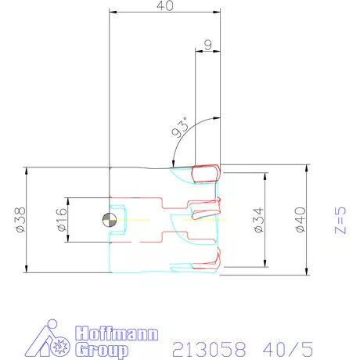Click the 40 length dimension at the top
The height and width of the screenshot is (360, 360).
tap(165, 5)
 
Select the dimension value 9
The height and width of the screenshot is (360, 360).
tap(208, 45)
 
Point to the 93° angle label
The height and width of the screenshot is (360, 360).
tap(180, 128)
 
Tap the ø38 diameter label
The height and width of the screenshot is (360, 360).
tap(20, 220)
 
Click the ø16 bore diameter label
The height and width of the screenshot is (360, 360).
tap(62, 220)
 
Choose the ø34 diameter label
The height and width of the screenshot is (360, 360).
tap(259, 220)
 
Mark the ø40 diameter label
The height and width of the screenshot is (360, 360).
tap(300, 220)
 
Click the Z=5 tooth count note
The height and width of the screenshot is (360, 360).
tap(340, 220)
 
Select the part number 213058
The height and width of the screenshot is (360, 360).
tap(209, 349)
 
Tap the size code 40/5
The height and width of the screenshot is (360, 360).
tap(288, 349)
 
